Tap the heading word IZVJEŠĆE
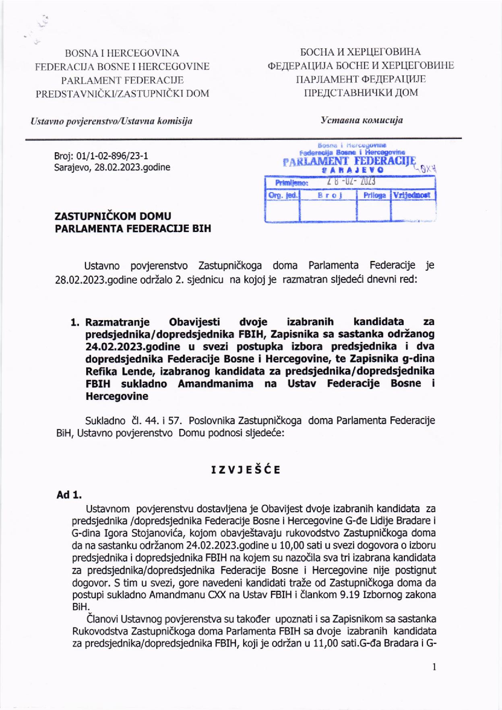tap(246, 470)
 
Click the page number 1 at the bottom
tap(434, 667)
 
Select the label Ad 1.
tap(69, 495)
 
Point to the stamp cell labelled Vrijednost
tap(412, 195)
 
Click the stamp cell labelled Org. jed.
tap(283, 195)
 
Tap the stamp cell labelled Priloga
tap(374, 195)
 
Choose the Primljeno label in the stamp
tap(291, 183)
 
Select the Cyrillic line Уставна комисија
tap(362, 120)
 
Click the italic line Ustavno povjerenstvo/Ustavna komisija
tap(112, 121)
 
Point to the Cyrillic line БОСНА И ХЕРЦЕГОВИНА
tap(360, 52)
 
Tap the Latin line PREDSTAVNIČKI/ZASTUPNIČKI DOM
tap(122, 94)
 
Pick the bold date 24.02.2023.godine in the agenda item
tap(133, 346)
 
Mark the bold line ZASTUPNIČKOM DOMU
tap(113, 216)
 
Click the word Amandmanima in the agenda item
tap(215, 383)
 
